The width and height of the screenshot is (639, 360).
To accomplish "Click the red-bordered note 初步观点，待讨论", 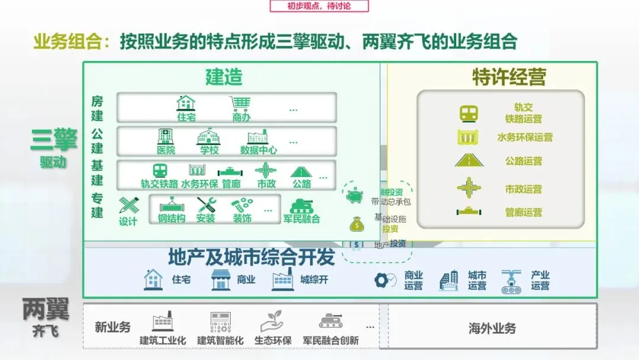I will pyautogui.click(x=319, y=6).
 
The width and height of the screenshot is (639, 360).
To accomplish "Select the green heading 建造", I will pyautogui.click(x=224, y=77).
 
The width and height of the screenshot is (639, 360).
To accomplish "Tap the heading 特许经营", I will pyautogui.click(x=509, y=77).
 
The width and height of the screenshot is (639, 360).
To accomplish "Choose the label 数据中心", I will pyautogui.click(x=259, y=150).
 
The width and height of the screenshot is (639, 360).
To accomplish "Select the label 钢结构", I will pyautogui.click(x=172, y=218).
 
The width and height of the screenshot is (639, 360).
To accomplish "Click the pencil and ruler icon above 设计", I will pyautogui.click(x=128, y=206).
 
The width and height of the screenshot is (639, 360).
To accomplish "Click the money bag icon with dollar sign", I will pyautogui.click(x=356, y=224).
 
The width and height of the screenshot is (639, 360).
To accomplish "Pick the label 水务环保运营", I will pyautogui.click(x=524, y=137).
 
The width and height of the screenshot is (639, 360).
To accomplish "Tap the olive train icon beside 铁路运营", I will pyautogui.click(x=469, y=113).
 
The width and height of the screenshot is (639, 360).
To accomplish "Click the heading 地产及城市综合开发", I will pyautogui.click(x=251, y=258).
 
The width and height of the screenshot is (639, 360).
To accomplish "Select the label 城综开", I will pyautogui.click(x=314, y=279).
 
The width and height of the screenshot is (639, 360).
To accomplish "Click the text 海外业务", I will pyautogui.click(x=492, y=328).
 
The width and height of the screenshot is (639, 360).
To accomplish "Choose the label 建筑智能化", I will pyautogui.click(x=220, y=340).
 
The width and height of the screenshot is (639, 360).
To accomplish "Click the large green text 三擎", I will pyautogui.click(x=53, y=141).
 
